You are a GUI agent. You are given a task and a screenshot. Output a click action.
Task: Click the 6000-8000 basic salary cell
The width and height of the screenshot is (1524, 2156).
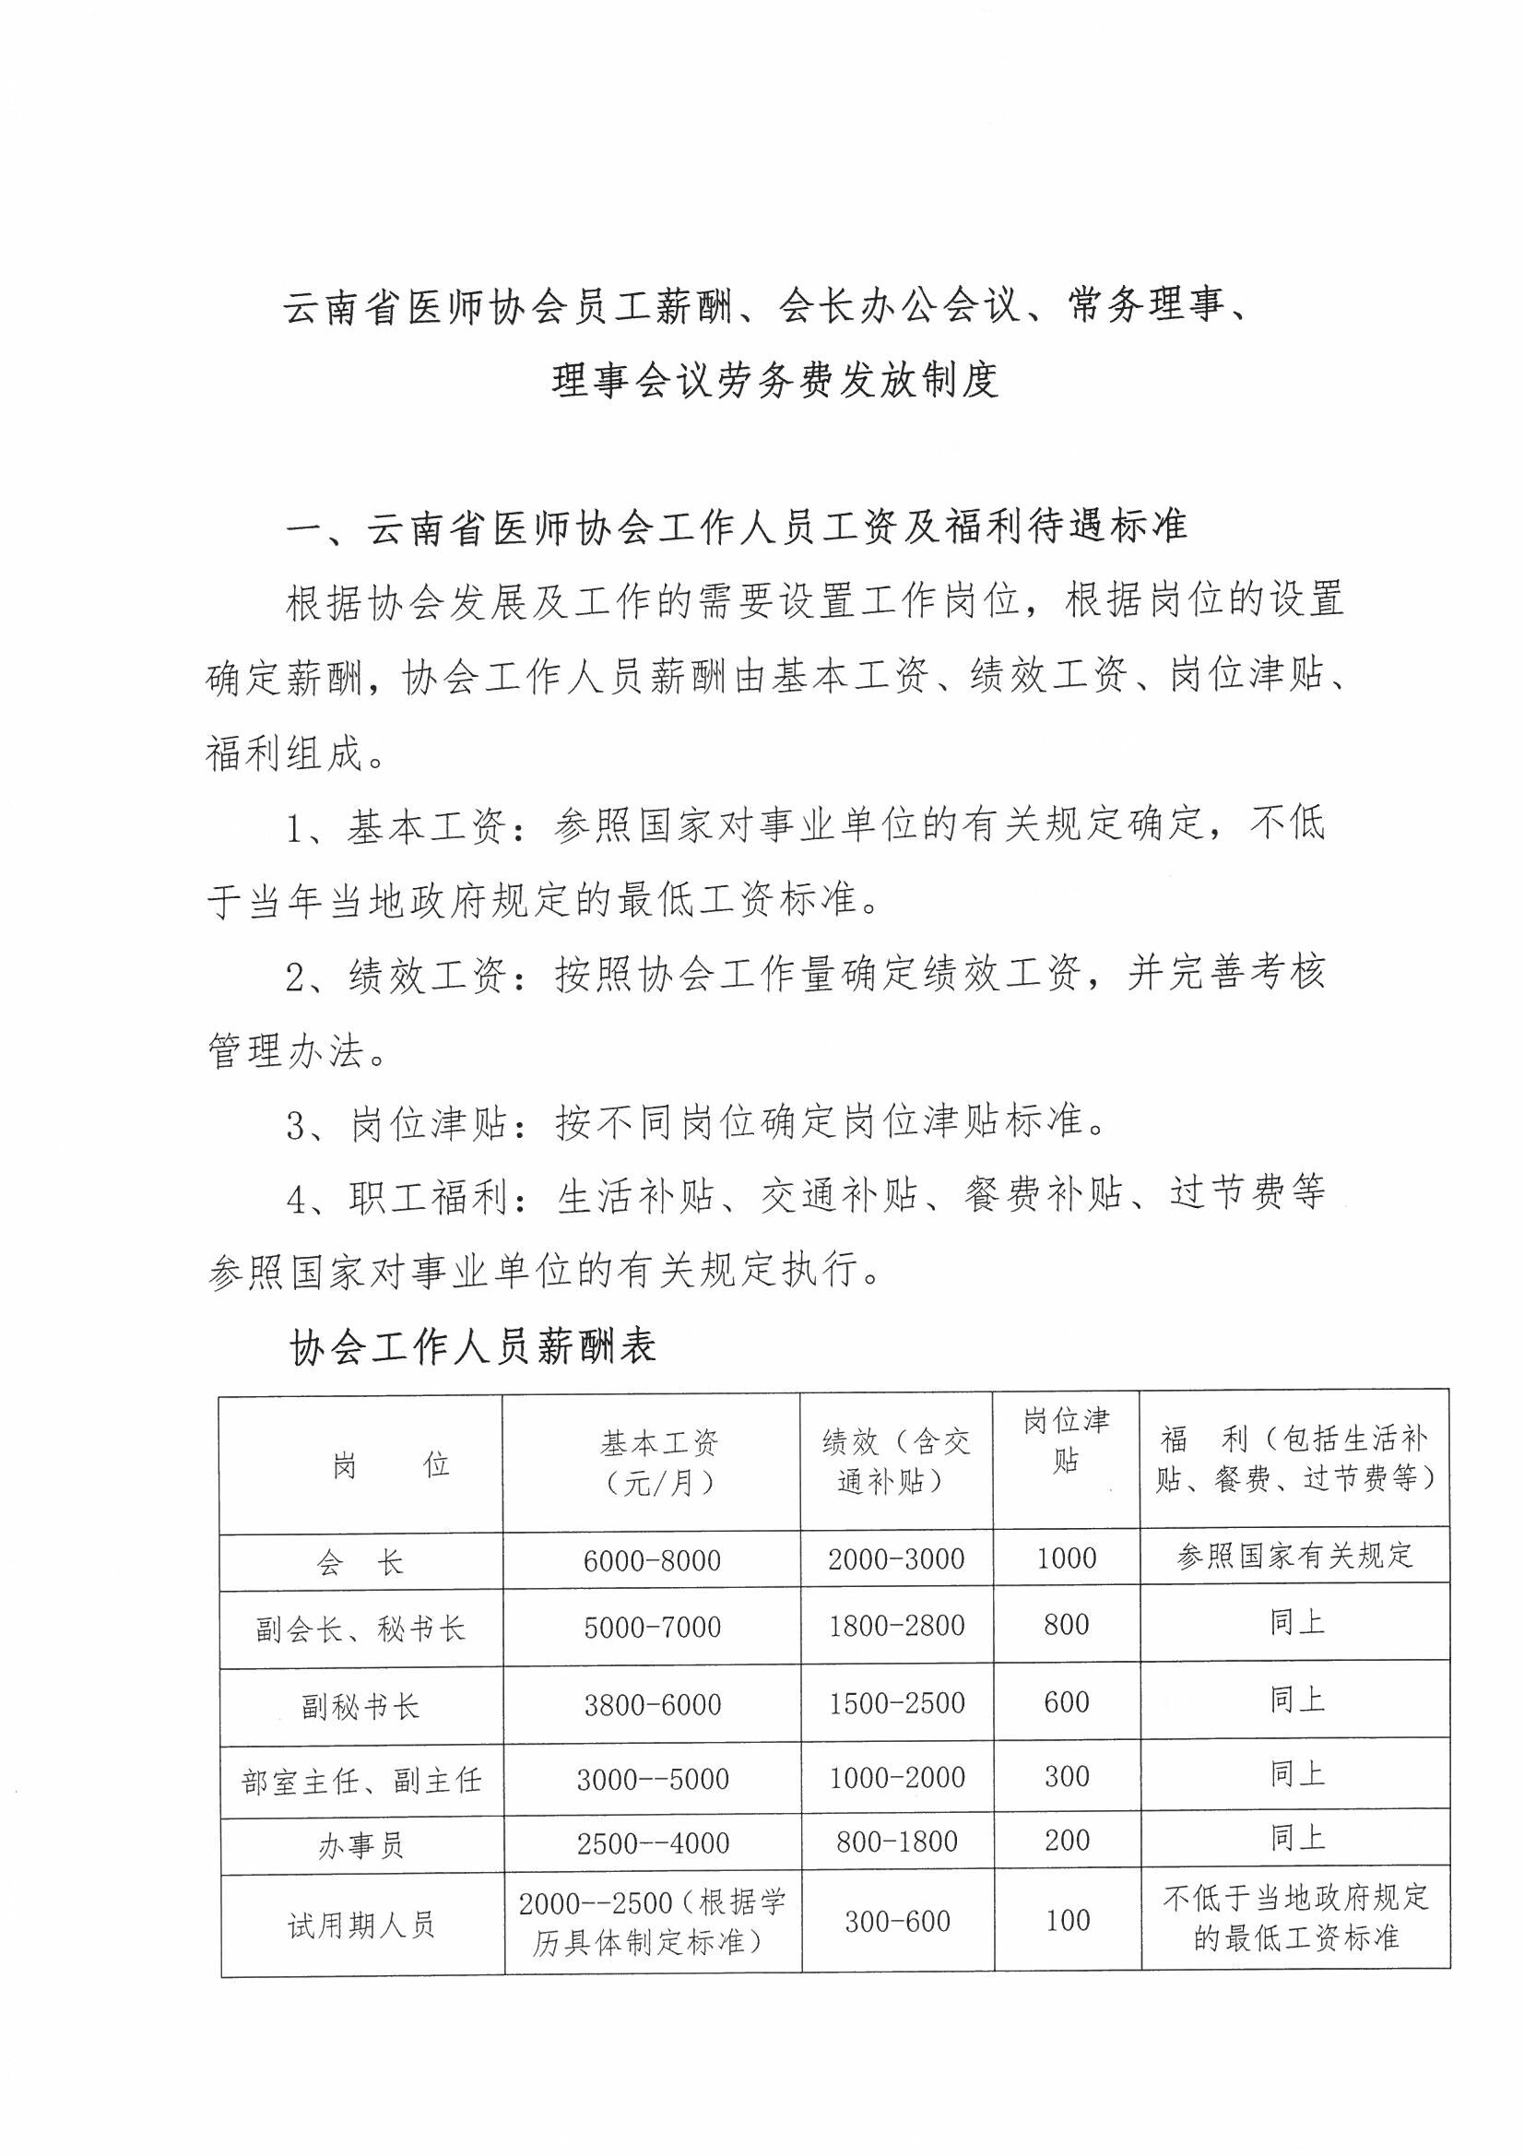coord(652,1560)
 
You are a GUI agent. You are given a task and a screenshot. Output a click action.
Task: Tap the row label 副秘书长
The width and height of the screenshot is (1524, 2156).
coord(360,1706)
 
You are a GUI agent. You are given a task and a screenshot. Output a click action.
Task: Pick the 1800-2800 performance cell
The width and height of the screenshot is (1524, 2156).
coord(897,1627)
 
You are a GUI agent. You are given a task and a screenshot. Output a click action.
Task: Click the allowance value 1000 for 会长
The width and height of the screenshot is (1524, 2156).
coord(1067,1558)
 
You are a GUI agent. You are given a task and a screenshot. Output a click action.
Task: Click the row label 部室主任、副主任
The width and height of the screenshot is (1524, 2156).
coord(360,1781)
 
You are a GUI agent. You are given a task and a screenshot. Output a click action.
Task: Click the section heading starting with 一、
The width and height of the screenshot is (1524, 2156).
coord(738,527)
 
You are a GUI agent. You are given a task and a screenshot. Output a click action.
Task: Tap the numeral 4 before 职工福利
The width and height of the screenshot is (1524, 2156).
coord(297,1200)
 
